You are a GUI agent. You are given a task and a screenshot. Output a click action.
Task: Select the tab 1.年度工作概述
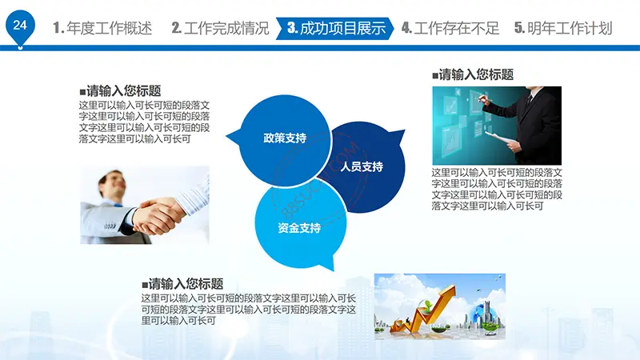tap(102, 28)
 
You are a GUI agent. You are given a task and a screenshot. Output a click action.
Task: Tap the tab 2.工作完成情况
tap(221, 28)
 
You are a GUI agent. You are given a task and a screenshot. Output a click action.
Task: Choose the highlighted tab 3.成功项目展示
tap(335, 28)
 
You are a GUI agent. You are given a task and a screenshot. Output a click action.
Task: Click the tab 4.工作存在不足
tap(450, 28)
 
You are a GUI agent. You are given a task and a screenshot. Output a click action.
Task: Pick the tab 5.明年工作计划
tap(564, 28)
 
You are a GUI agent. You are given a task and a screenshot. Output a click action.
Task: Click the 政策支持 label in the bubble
tap(285, 138)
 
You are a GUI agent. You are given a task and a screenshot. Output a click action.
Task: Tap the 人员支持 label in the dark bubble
tap(362, 166)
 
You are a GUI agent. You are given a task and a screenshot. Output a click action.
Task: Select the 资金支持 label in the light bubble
tap(299, 228)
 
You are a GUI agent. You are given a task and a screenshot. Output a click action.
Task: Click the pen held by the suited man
tap(485, 98)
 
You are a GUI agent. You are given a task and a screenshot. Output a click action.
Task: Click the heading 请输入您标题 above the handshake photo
tap(121, 90)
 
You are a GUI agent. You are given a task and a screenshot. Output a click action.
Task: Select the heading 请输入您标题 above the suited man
tap(473, 74)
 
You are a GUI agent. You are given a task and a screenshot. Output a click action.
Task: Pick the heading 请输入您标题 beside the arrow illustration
tap(182, 283)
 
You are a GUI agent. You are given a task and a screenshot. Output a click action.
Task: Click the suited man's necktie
tap(529, 101)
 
